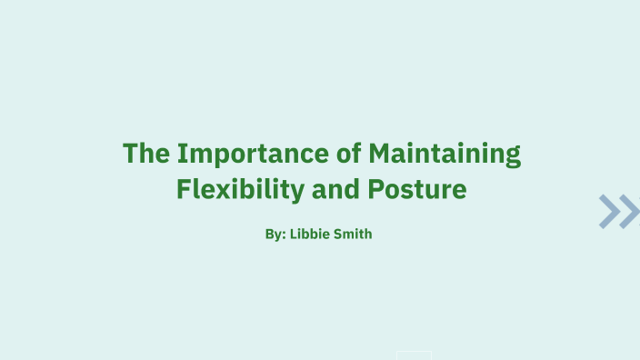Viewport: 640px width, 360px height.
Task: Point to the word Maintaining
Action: (x=445, y=154)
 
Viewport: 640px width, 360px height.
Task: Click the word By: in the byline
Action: (x=275, y=235)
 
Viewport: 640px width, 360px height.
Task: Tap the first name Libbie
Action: (x=310, y=235)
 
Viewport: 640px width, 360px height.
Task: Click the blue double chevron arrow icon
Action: (x=619, y=211)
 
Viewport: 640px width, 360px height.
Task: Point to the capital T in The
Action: (x=131, y=153)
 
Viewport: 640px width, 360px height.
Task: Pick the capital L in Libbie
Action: (x=294, y=235)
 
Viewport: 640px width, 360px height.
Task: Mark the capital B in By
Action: (x=269, y=235)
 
